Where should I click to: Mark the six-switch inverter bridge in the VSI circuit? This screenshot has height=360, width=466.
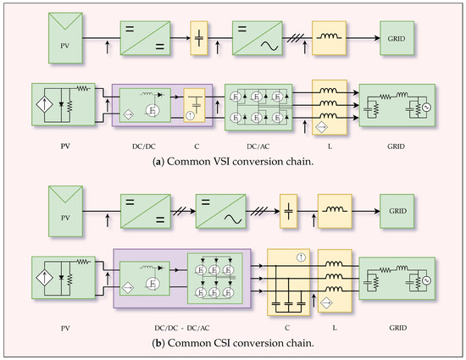pos(258,108)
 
